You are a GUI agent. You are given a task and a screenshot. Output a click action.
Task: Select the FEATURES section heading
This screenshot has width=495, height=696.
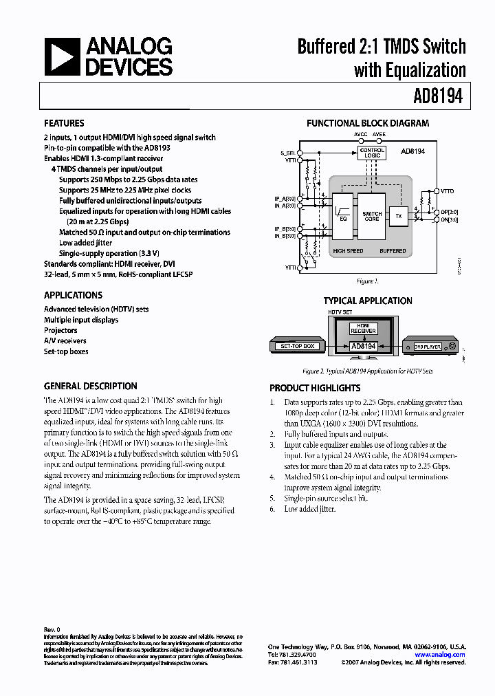click(64, 123)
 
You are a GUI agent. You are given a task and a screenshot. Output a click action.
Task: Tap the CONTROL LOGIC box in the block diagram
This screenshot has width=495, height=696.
click(372, 153)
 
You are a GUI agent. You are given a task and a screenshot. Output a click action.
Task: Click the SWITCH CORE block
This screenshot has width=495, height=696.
click(371, 216)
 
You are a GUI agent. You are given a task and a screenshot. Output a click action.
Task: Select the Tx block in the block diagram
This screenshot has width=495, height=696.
click(398, 216)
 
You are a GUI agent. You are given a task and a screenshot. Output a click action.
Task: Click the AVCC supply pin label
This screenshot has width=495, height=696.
click(361, 135)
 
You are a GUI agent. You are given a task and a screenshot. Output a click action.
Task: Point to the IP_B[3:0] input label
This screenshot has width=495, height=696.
click(284, 228)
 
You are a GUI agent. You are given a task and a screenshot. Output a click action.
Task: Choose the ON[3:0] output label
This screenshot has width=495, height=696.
click(450, 221)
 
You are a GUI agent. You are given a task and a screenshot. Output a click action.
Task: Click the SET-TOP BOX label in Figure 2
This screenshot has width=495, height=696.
click(298, 347)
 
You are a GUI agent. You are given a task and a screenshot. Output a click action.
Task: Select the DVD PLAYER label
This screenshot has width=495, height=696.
click(426, 347)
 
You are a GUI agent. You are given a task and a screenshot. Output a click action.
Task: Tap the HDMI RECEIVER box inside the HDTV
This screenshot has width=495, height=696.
click(364, 328)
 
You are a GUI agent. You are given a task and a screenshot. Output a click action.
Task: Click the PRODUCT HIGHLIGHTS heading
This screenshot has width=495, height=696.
click(315, 388)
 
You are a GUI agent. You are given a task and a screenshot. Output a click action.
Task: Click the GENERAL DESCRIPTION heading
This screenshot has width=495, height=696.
click(90, 387)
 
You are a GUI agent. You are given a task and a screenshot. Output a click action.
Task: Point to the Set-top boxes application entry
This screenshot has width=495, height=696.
click(66, 351)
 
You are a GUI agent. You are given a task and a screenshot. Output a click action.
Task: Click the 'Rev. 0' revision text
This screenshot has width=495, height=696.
click(52, 629)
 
